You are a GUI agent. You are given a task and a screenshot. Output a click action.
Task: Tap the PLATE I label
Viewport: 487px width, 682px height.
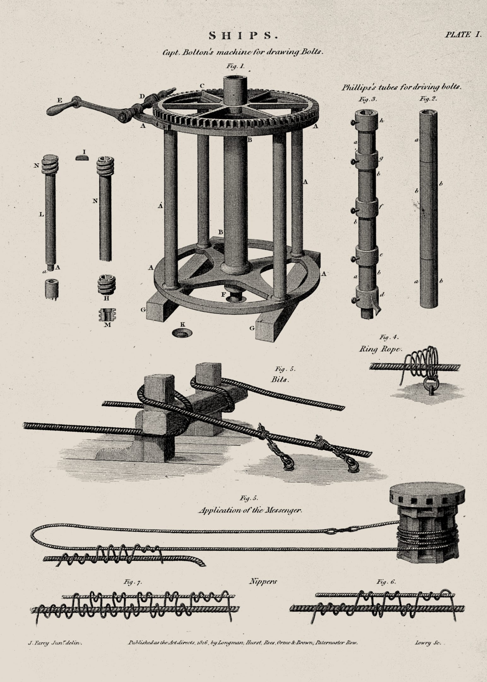pyautogui.click(x=463, y=35)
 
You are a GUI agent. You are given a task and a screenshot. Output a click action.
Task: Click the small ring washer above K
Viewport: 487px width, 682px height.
pyautogui.click(x=182, y=333)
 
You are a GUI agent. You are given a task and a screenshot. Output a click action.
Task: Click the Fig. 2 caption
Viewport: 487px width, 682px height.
pyautogui.click(x=428, y=99)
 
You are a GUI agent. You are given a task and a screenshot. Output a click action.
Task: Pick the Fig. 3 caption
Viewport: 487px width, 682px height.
pyautogui.click(x=368, y=99)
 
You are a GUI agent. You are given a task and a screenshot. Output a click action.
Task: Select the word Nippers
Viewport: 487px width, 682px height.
pyautogui.click(x=263, y=581)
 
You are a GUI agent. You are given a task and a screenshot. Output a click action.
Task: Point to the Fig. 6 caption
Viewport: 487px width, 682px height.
pyautogui.click(x=386, y=581)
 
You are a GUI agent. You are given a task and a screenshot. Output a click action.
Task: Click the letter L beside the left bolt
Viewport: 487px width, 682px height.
pyautogui.click(x=41, y=214)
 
